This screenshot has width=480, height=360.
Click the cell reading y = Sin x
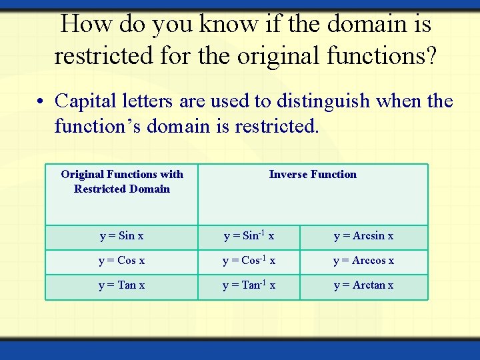[x=121, y=236]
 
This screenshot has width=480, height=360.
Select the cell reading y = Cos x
[x=121, y=261]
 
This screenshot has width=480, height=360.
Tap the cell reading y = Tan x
[x=121, y=285]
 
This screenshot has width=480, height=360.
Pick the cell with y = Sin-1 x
[x=249, y=236]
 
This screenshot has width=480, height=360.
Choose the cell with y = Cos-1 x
[x=249, y=261]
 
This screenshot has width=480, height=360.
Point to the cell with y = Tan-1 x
[x=249, y=285]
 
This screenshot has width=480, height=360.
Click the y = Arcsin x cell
[x=363, y=236]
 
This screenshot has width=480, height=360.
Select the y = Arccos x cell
[x=363, y=261]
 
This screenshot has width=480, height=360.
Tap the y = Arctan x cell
[x=363, y=285]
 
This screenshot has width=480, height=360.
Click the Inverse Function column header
[x=313, y=175]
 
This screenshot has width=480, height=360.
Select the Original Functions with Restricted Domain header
[x=122, y=181]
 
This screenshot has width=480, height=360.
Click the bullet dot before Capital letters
[x=41, y=103]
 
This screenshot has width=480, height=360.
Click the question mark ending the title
[x=430, y=55]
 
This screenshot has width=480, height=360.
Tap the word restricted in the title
[x=104, y=55]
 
